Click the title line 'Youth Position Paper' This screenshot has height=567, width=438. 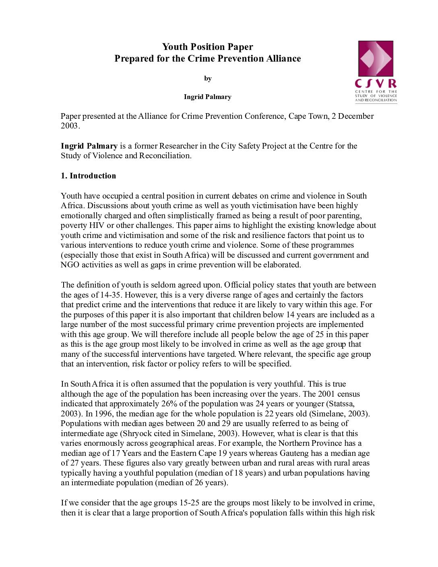click(207, 47)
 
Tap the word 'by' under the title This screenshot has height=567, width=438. click(208, 79)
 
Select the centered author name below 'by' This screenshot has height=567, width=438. click(207, 97)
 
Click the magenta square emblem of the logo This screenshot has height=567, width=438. click(376, 59)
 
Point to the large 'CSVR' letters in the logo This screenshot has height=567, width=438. click(376, 84)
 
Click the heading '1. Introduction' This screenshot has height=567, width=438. click(88, 176)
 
